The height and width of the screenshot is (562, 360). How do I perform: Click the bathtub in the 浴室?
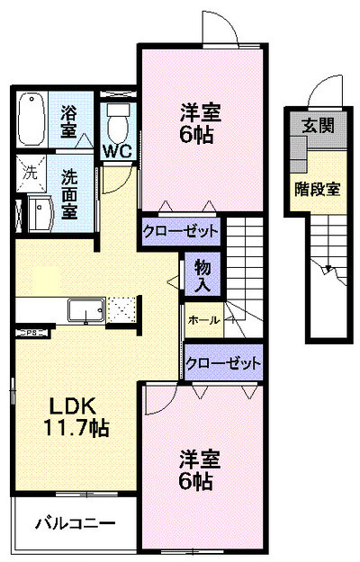(31, 120)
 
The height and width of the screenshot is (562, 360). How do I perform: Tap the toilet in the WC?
(118, 123)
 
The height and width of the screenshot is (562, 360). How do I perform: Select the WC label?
(117, 152)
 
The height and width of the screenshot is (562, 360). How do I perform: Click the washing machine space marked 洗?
(31, 174)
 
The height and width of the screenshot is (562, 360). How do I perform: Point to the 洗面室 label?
(69, 193)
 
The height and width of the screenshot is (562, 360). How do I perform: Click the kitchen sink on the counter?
(86, 310)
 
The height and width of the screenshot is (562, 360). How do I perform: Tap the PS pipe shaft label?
(31, 333)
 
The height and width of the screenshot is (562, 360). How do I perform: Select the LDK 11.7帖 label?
(76, 417)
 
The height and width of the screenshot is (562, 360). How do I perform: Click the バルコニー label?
(76, 523)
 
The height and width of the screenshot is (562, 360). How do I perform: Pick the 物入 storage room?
(202, 274)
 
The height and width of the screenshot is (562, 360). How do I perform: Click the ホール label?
(203, 320)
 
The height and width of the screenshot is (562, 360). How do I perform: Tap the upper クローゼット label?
(180, 231)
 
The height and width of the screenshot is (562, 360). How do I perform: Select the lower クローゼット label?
(223, 363)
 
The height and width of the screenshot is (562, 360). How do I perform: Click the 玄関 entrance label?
(318, 126)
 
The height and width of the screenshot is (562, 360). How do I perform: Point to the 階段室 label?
(318, 189)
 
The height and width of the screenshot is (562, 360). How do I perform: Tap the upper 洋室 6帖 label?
(200, 123)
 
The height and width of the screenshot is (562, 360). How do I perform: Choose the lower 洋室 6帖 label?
(200, 469)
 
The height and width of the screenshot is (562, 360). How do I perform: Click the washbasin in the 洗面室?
(40, 214)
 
